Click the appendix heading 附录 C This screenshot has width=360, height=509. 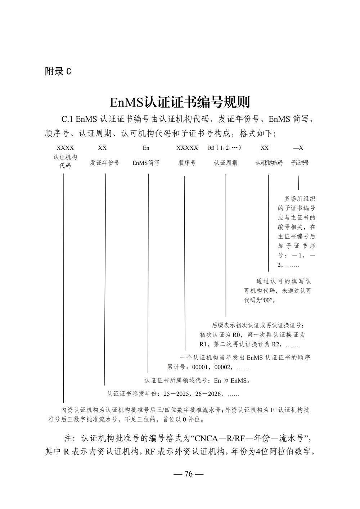coord(58,71)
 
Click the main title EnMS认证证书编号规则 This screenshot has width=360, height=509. coord(180,102)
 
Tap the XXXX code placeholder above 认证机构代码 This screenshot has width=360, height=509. coord(65,148)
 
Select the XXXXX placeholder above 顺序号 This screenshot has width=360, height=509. coord(187,148)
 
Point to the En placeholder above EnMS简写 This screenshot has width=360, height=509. coord(146,148)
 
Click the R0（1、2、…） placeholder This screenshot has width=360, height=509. coord(225,148)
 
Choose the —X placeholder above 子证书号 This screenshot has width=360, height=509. coord(298,148)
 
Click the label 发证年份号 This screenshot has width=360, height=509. coord(104,163)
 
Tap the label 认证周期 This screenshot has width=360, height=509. coord(226,163)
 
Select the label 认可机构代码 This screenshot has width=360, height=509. coord(269,163)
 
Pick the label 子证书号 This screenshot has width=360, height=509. coord(300,163)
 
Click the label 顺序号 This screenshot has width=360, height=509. coord(187,163)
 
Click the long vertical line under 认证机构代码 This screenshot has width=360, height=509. coord(63,288)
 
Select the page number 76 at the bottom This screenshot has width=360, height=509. coord(189,474)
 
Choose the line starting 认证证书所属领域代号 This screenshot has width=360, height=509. coord(197,380)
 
